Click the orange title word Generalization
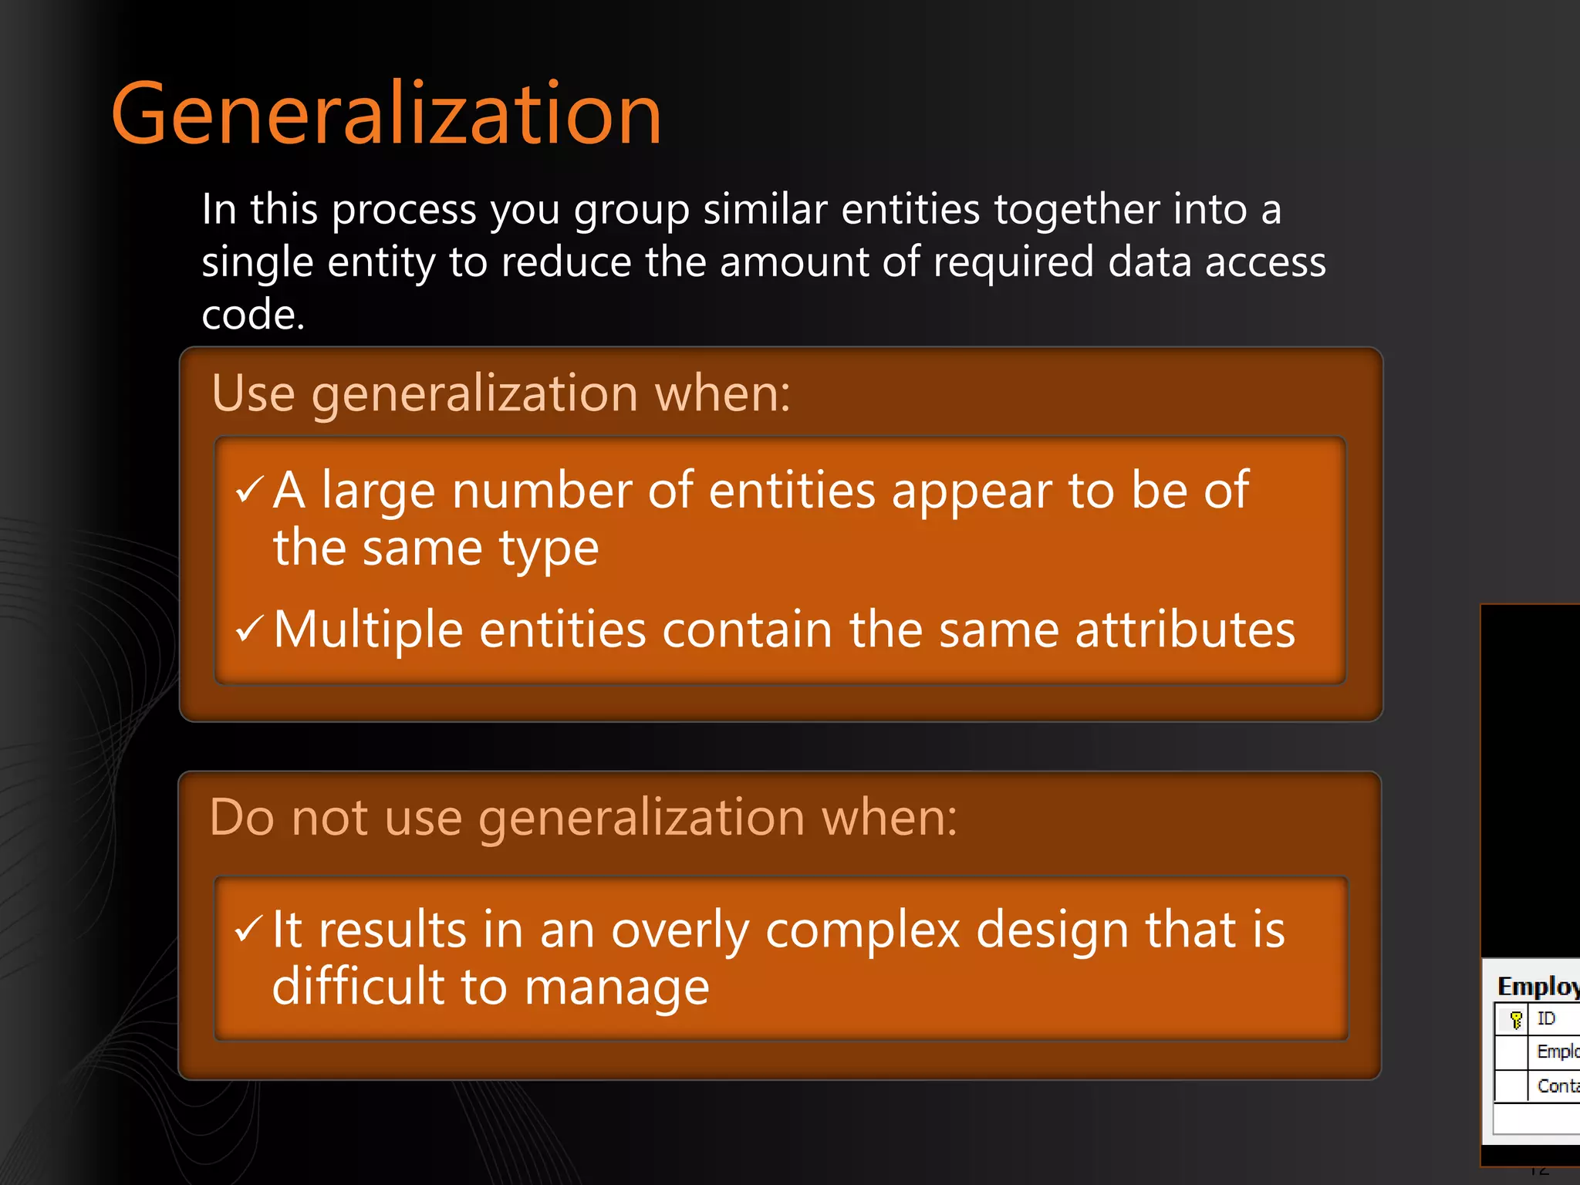click(x=386, y=114)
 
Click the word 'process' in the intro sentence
click(x=403, y=210)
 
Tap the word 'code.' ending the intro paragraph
click(x=253, y=315)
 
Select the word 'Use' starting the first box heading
click(x=253, y=393)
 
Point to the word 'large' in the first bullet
click(x=378, y=491)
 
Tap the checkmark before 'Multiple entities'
click(x=249, y=628)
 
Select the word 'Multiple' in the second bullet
click(x=368, y=630)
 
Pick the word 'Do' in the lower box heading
click(x=241, y=817)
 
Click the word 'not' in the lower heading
click(x=329, y=817)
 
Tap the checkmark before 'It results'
click(x=248, y=928)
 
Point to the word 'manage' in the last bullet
click(x=616, y=988)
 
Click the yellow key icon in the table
click(x=1516, y=1020)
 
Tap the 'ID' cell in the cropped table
click(x=1546, y=1019)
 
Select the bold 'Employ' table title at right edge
click(x=1538, y=986)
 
